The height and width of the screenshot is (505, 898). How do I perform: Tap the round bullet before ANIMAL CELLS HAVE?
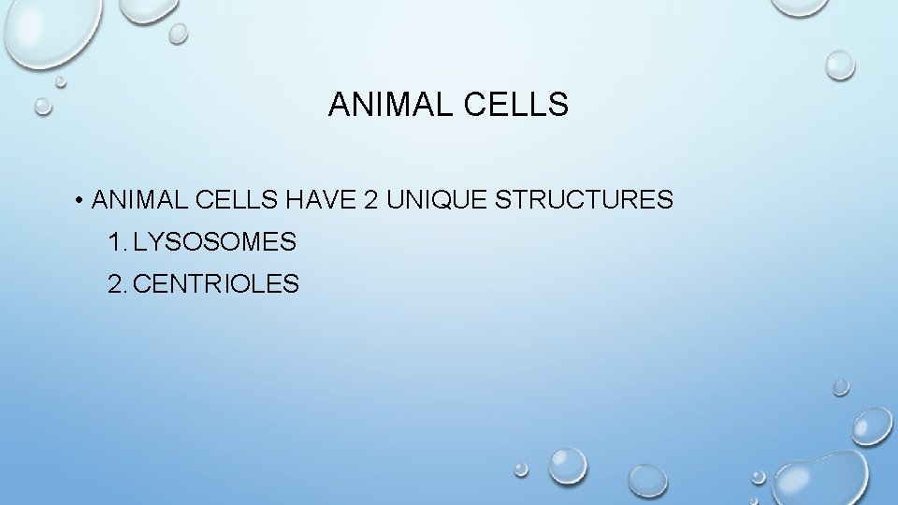tap(82, 200)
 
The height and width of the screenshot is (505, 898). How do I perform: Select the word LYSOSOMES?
tap(215, 243)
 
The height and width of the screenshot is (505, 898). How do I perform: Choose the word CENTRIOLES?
tap(217, 284)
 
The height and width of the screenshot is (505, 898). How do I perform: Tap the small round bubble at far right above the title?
tap(839, 64)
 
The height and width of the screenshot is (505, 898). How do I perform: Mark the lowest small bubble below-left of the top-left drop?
tap(43, 106)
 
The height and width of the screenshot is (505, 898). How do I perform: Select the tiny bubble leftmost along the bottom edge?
tap(521, 470)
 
